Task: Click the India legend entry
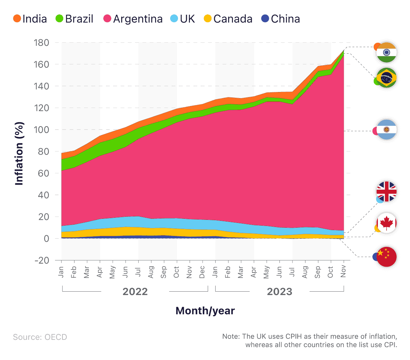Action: (x=30, y=19)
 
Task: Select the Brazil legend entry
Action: (x=74, y=19)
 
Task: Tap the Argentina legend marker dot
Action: (x=107, y=19)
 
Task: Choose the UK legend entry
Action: (x=183, y=19)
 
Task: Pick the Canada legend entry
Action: (x=228, y=19)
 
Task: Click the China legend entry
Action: (x=281, y=19)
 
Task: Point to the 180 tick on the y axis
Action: (x=41, y=43)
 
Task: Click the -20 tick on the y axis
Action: (x=41, y=260)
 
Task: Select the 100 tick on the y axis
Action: (x=41, y=130)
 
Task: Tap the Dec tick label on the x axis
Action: (x=202, y=272)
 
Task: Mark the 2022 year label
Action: (x=135, y=292)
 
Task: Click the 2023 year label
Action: (x=279, y=292)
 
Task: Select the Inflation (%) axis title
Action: (x=19, y=154)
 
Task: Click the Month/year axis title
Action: (x=205, y=311)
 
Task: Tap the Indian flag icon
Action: (x=386, y=52)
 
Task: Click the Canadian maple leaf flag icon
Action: (x=386, y=223)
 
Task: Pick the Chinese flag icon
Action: (x=386, y=256)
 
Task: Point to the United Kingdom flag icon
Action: (x=386, y=191)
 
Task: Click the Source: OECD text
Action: (x=40, y=337)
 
